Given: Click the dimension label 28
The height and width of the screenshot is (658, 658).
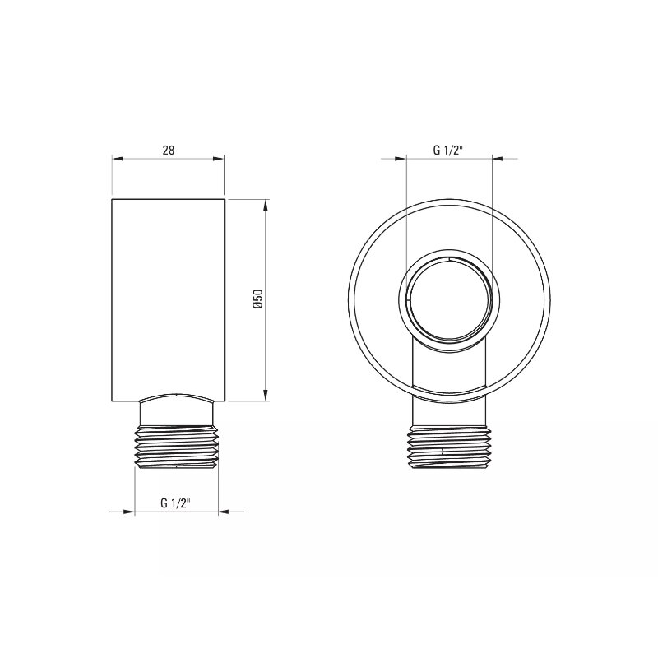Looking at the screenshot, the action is pos(169,151).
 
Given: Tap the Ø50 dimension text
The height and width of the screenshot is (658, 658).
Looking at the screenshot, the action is pos(258,299).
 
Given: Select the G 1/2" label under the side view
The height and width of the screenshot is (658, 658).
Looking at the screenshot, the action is pos(176,503).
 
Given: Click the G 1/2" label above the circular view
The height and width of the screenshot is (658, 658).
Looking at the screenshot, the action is pos(448,151).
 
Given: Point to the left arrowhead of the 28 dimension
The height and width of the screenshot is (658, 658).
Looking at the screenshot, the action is pos(118,159).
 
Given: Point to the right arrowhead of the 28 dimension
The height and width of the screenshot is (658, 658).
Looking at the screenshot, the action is pos(219,159).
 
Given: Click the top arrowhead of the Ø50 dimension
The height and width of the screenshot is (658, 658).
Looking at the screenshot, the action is pos(265,206).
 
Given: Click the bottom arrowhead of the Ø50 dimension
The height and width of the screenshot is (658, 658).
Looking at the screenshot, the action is pos(265,395).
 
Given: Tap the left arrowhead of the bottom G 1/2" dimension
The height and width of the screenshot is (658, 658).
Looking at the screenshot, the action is pos(128,512).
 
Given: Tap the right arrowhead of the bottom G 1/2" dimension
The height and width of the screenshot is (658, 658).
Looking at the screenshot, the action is pos(224,512).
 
